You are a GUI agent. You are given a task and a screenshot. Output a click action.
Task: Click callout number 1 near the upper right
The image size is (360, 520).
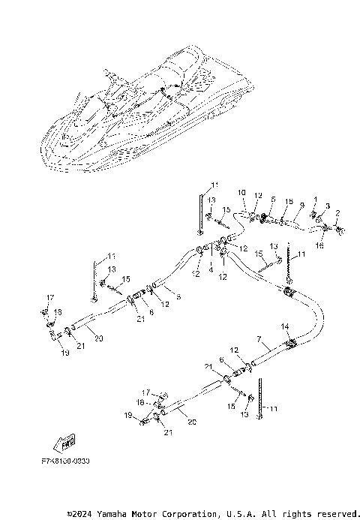(x=316, y=200)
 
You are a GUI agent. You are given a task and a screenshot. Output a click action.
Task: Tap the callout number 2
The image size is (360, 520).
(x=338, y=213)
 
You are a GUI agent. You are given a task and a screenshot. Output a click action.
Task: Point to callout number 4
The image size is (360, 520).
(x=211, y=267)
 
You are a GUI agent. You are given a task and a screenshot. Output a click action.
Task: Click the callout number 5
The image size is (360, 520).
(x=273, y=200)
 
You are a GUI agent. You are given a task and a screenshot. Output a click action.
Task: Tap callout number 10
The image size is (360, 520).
(x=241, y=194)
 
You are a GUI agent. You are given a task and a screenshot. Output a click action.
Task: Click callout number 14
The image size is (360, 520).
(x=283, y=326)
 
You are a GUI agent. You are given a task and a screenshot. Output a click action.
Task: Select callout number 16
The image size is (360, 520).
(x=319, y=245)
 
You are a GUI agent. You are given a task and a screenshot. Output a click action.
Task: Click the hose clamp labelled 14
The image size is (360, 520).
(x=290, y=343)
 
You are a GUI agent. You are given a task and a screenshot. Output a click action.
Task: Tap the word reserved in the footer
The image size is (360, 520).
(x=337, y=514)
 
